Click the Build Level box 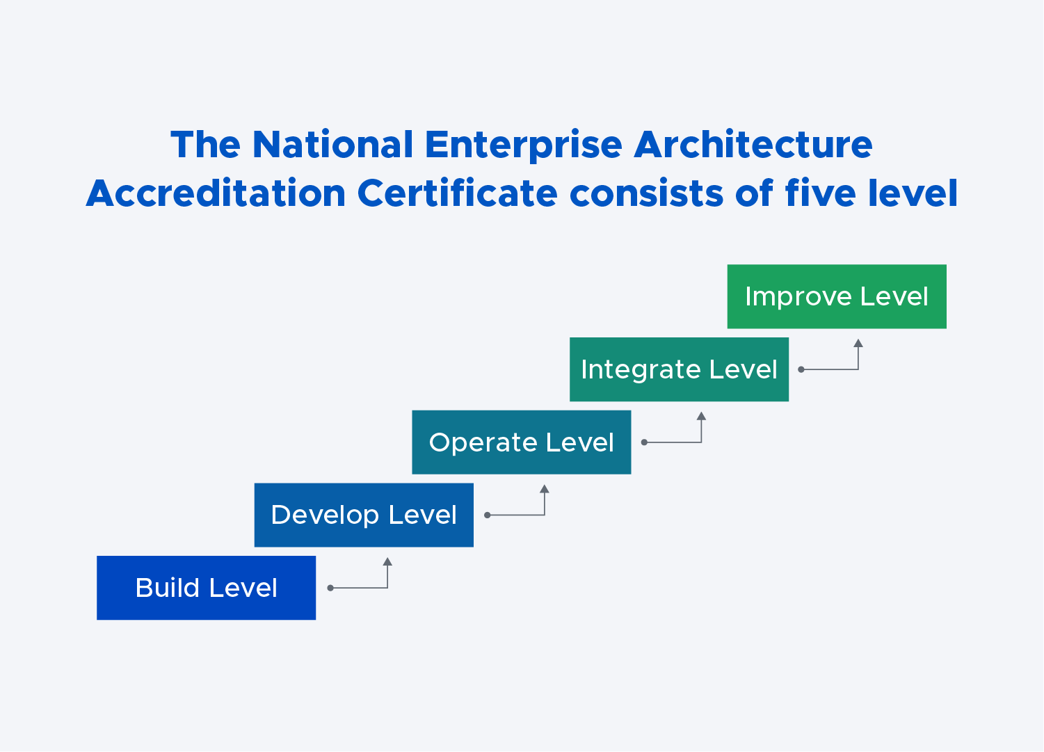tap(206, 588)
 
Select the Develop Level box tap(364, 515)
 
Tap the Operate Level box tap(522, 442)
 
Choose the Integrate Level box tap(679, 369)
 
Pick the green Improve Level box tap(837, 296)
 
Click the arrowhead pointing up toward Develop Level tap(388, 561)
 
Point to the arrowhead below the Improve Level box tap(858, 343)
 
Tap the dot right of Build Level tap(330, 588)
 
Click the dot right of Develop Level tap(488, 515)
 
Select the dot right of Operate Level tap(645, 442)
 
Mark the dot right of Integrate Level tap(801, 369)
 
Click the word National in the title tap(332, 145)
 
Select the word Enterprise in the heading tap(524, 146)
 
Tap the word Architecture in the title tap(753, 144)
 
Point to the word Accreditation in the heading tap(216, 193)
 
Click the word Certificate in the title tap(458, 193)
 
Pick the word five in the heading tap(820, 193)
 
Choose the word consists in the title tap(647, 193)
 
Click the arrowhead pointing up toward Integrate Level tap(701, 416)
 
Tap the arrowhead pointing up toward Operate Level tap(545, 488)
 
